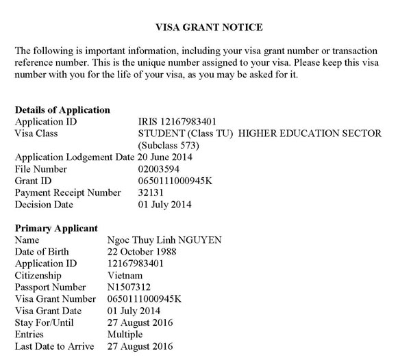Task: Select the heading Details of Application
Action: click(x=62, y=110)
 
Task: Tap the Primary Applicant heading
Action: click(x=56, y=228)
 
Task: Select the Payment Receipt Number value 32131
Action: click(x=151, y=192)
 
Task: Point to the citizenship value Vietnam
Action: click(x=125, y=275)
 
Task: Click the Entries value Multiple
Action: click(x=125, y=334)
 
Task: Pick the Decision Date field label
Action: click(x=44, y=204)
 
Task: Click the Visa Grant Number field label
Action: click(x=54, y=298)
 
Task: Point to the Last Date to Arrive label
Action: click(x=54, y=346)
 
